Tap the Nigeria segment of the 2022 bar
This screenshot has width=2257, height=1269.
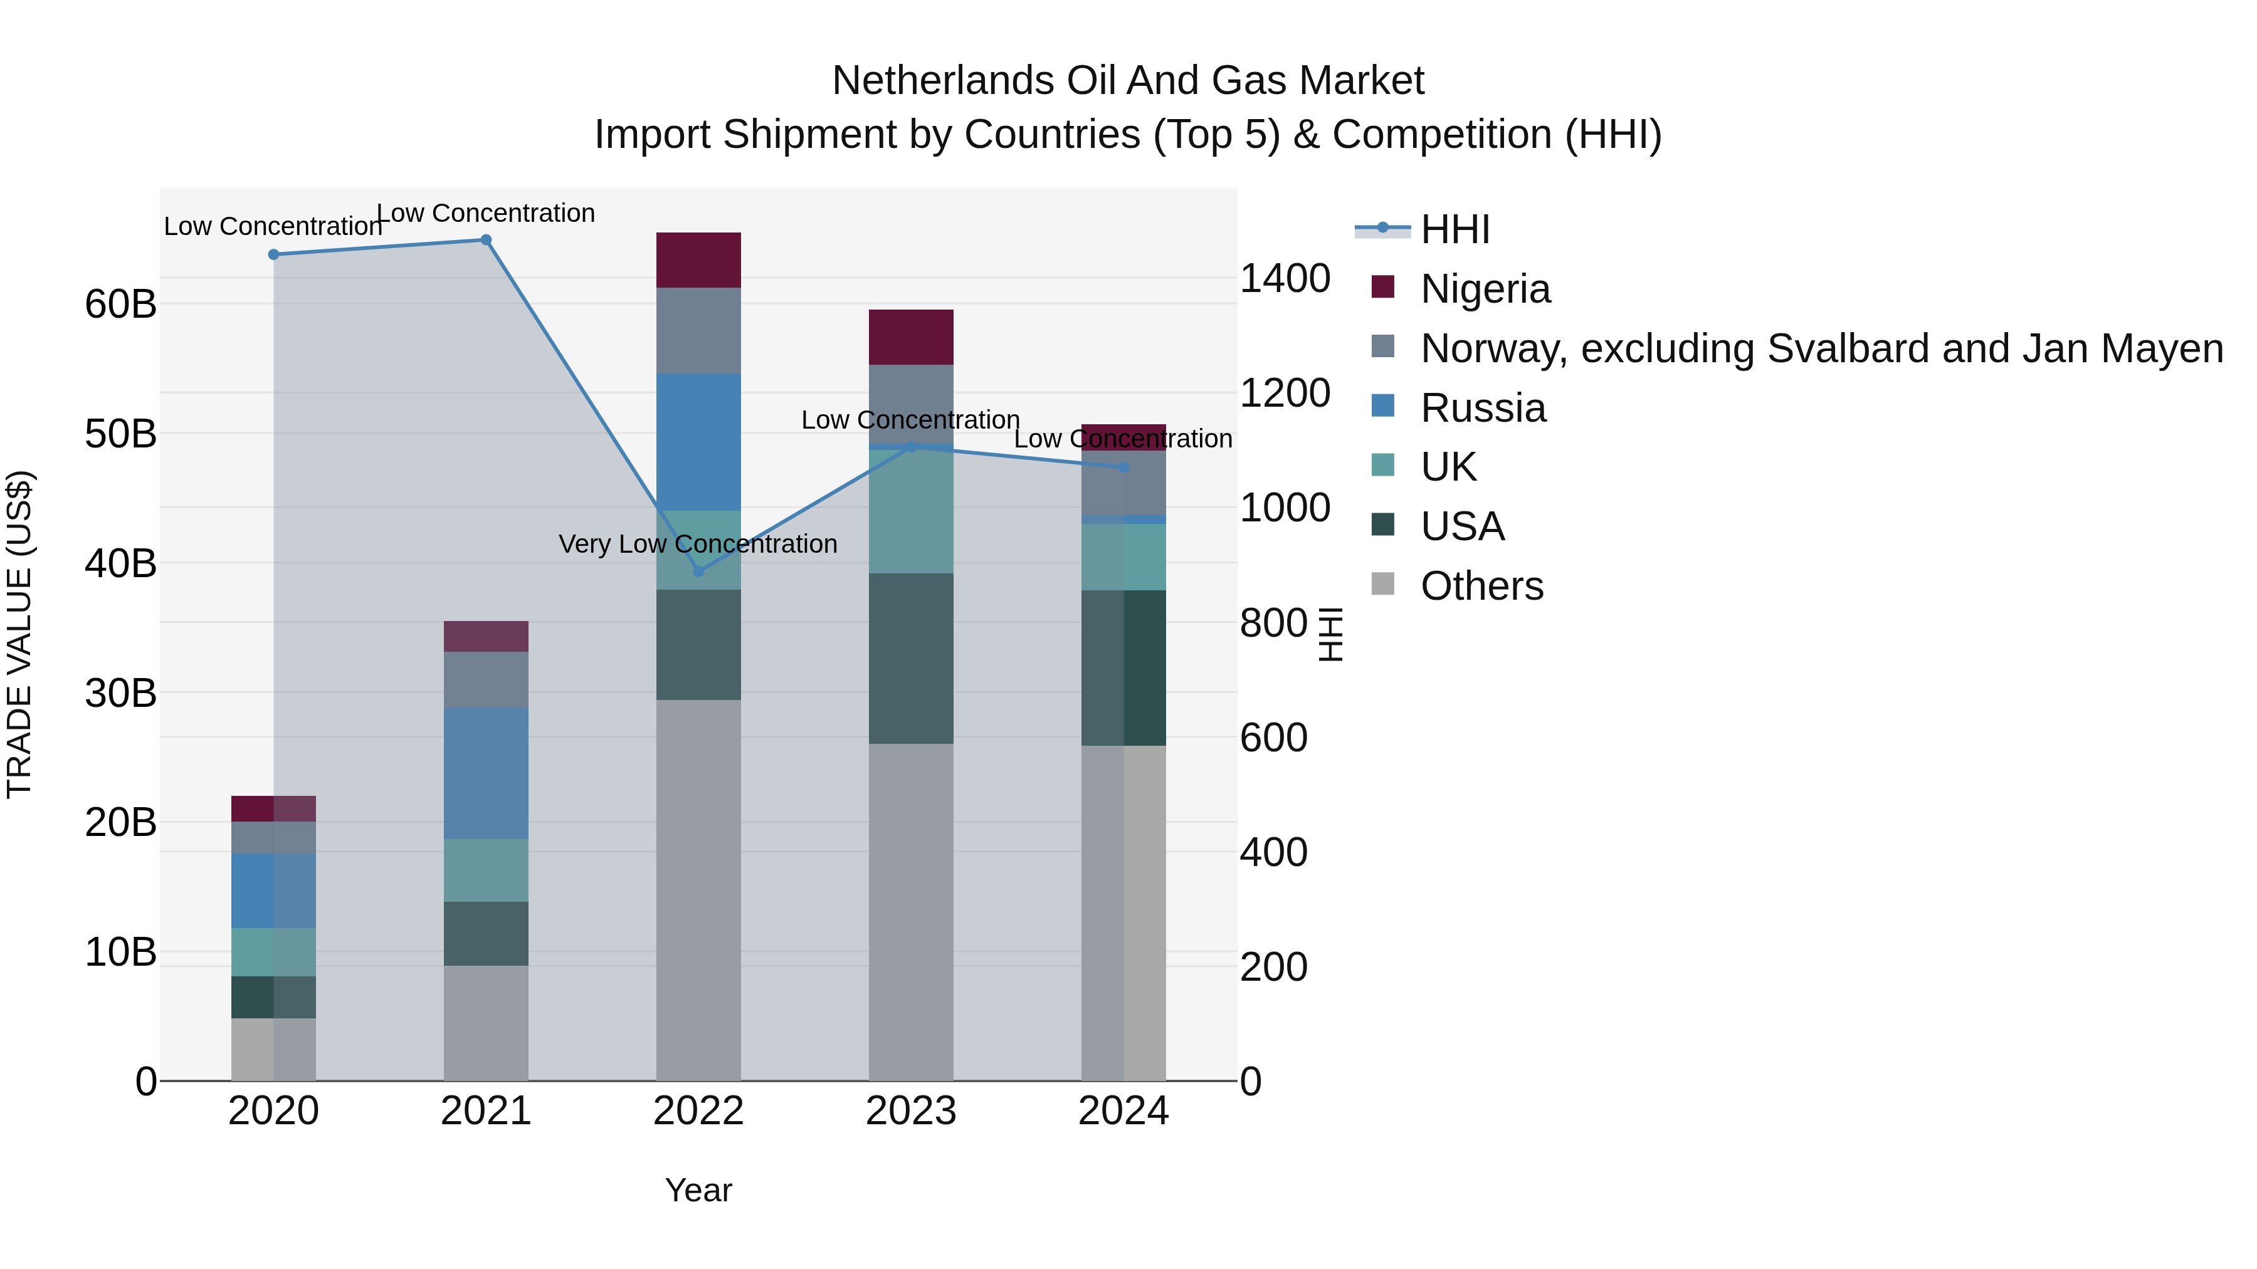pos(698,260)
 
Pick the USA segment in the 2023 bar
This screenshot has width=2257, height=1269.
pos(910,659)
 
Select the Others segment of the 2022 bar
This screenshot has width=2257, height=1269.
pos(698,889)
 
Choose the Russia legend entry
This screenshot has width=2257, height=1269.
pos(1483,408)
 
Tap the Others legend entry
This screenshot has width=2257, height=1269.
pos(1481,586)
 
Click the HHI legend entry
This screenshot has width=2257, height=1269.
pos(1455,229)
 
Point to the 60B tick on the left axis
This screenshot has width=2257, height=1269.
pos(120,305)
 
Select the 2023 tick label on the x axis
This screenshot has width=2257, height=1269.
pos(910,1111)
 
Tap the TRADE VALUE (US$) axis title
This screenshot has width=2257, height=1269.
pos(19,634)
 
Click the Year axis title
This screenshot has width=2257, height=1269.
pos(698,1190)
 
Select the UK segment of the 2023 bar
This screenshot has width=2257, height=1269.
pos(910,513)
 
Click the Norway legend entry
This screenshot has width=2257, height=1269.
pos(1821,348)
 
